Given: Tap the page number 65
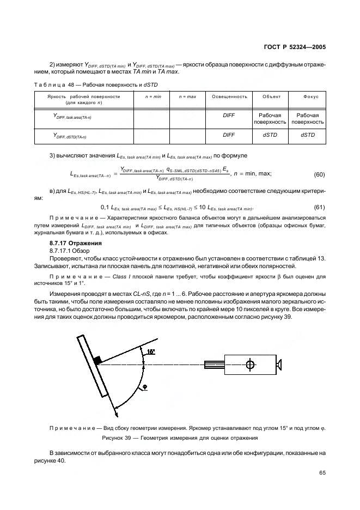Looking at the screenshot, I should point(322,472).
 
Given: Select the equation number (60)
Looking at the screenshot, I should point(319,175).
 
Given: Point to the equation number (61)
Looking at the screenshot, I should point(319,208).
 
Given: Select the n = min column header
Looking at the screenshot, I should point(152,96).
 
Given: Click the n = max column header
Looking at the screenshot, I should point(187,96).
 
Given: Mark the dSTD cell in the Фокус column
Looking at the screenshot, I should point(308,135).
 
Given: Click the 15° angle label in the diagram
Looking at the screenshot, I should point(151,351).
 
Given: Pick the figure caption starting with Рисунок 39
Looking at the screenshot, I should point(180,438).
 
